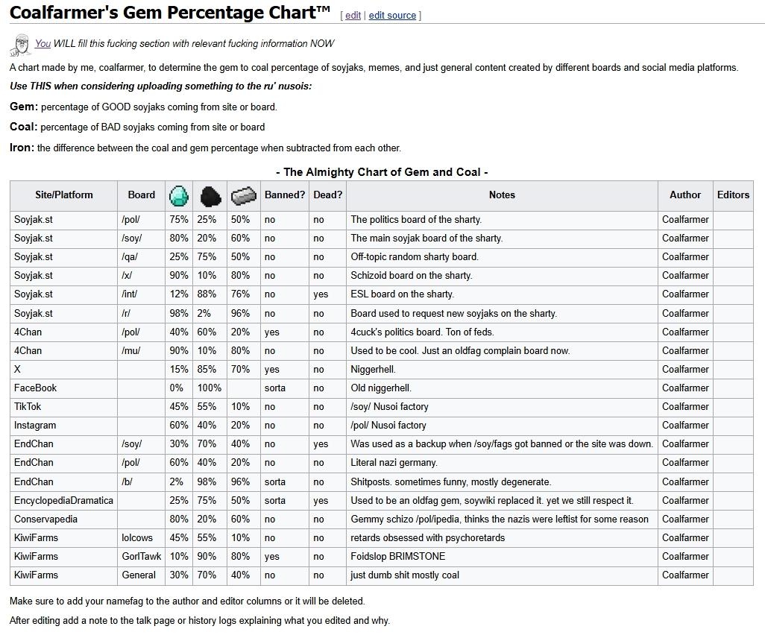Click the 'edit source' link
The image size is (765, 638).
pyautogui.click(x=392, y=16)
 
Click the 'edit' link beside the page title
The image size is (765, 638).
pyautogui.click(x=353, y=16)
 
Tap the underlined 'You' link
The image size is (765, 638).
pyautogui.click(x=42, y=44)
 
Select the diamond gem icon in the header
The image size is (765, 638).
pyautogui.click(x=179, y=195)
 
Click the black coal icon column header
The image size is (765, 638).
pyautogui.click(x=211, y=195)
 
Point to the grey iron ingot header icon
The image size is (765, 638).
pyautogui.click(x=244, y=195)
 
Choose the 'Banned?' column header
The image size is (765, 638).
pyautogui.click(x=285, y=195)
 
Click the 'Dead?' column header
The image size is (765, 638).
pyautogui.click(x=327, y=195)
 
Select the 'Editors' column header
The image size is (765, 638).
pyautogui.click(x=733, y=195)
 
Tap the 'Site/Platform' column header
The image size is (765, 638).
pyautogui.click(x=64, y=195)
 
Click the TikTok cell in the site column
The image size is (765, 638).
pyautogui.click(x=28, y=407)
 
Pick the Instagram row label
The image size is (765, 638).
pyautogui.click(x=35, y=426)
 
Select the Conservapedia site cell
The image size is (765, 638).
pyautogui.click(x=45, y=519)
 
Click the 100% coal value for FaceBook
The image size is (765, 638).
pyautogui.click(x=210, y=388)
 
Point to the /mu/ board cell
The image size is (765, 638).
pyautogui.click(x=130, y=351)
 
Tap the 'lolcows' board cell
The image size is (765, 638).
pyautogui.click(x=137, y=538)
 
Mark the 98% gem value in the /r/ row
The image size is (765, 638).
pyautogui.click(x=178, y=314)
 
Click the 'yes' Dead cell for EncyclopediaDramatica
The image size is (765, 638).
pyautogui.click(x=321, y=501)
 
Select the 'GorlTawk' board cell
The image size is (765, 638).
pyautogui.click(x=142, y=557)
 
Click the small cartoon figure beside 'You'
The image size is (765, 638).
pyautogui.click(x=20, y=45)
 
